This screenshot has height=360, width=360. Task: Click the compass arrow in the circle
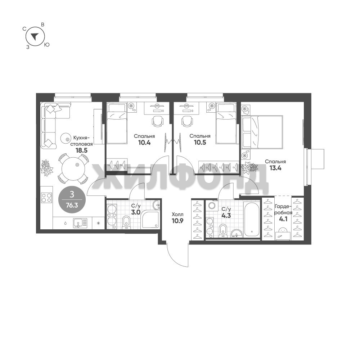click(x=35, y=36)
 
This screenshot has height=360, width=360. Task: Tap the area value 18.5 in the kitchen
click(x=82, y=150)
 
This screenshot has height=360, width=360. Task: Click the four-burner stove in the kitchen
click(x=46, y=198)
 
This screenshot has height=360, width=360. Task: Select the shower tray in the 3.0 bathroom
click(x=150, y=220)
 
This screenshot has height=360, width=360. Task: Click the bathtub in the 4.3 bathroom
click(x=252, y=219)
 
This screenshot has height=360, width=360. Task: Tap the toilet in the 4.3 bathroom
click(x=223, y=230)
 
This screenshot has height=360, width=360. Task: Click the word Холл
click(x=178, y=215)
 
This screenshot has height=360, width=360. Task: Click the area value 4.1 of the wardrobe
click(x=283, y=219)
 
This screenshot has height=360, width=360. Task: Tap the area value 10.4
click(x=144, y=143)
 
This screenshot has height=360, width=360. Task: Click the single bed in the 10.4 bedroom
click(x=117, y=123)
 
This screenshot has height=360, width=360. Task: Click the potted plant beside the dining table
click(x=47, y=168)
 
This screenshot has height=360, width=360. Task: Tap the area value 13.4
click(x=275, y=168)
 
